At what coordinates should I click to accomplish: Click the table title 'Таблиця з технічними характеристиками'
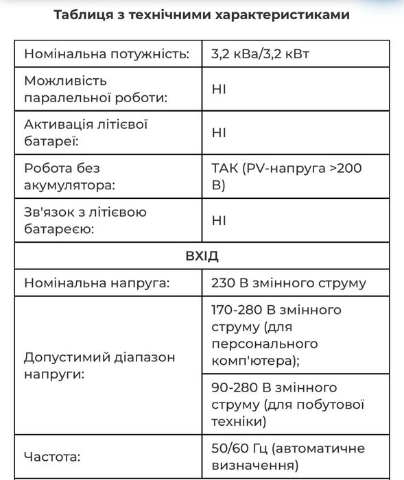[202, 15]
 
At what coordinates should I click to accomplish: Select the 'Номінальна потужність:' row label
[106, 53]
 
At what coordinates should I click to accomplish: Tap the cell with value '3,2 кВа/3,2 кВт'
[261, 53]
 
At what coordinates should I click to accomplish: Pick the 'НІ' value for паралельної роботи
[219, 89]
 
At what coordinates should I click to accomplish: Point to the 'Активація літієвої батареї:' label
[86, 133]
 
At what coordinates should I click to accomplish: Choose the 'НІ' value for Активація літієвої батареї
[219, 133]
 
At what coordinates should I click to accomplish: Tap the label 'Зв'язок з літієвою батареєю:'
[85, 220]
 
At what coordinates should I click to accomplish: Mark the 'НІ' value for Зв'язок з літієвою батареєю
[219, 220]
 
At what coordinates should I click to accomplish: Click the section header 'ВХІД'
[202, 256]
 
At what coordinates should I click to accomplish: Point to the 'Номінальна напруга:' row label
[97, 283]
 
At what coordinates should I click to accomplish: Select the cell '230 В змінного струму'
[289, 283]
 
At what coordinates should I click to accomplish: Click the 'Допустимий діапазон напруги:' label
[99, 365]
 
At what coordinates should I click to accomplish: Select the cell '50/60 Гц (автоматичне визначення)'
[288, 457]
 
